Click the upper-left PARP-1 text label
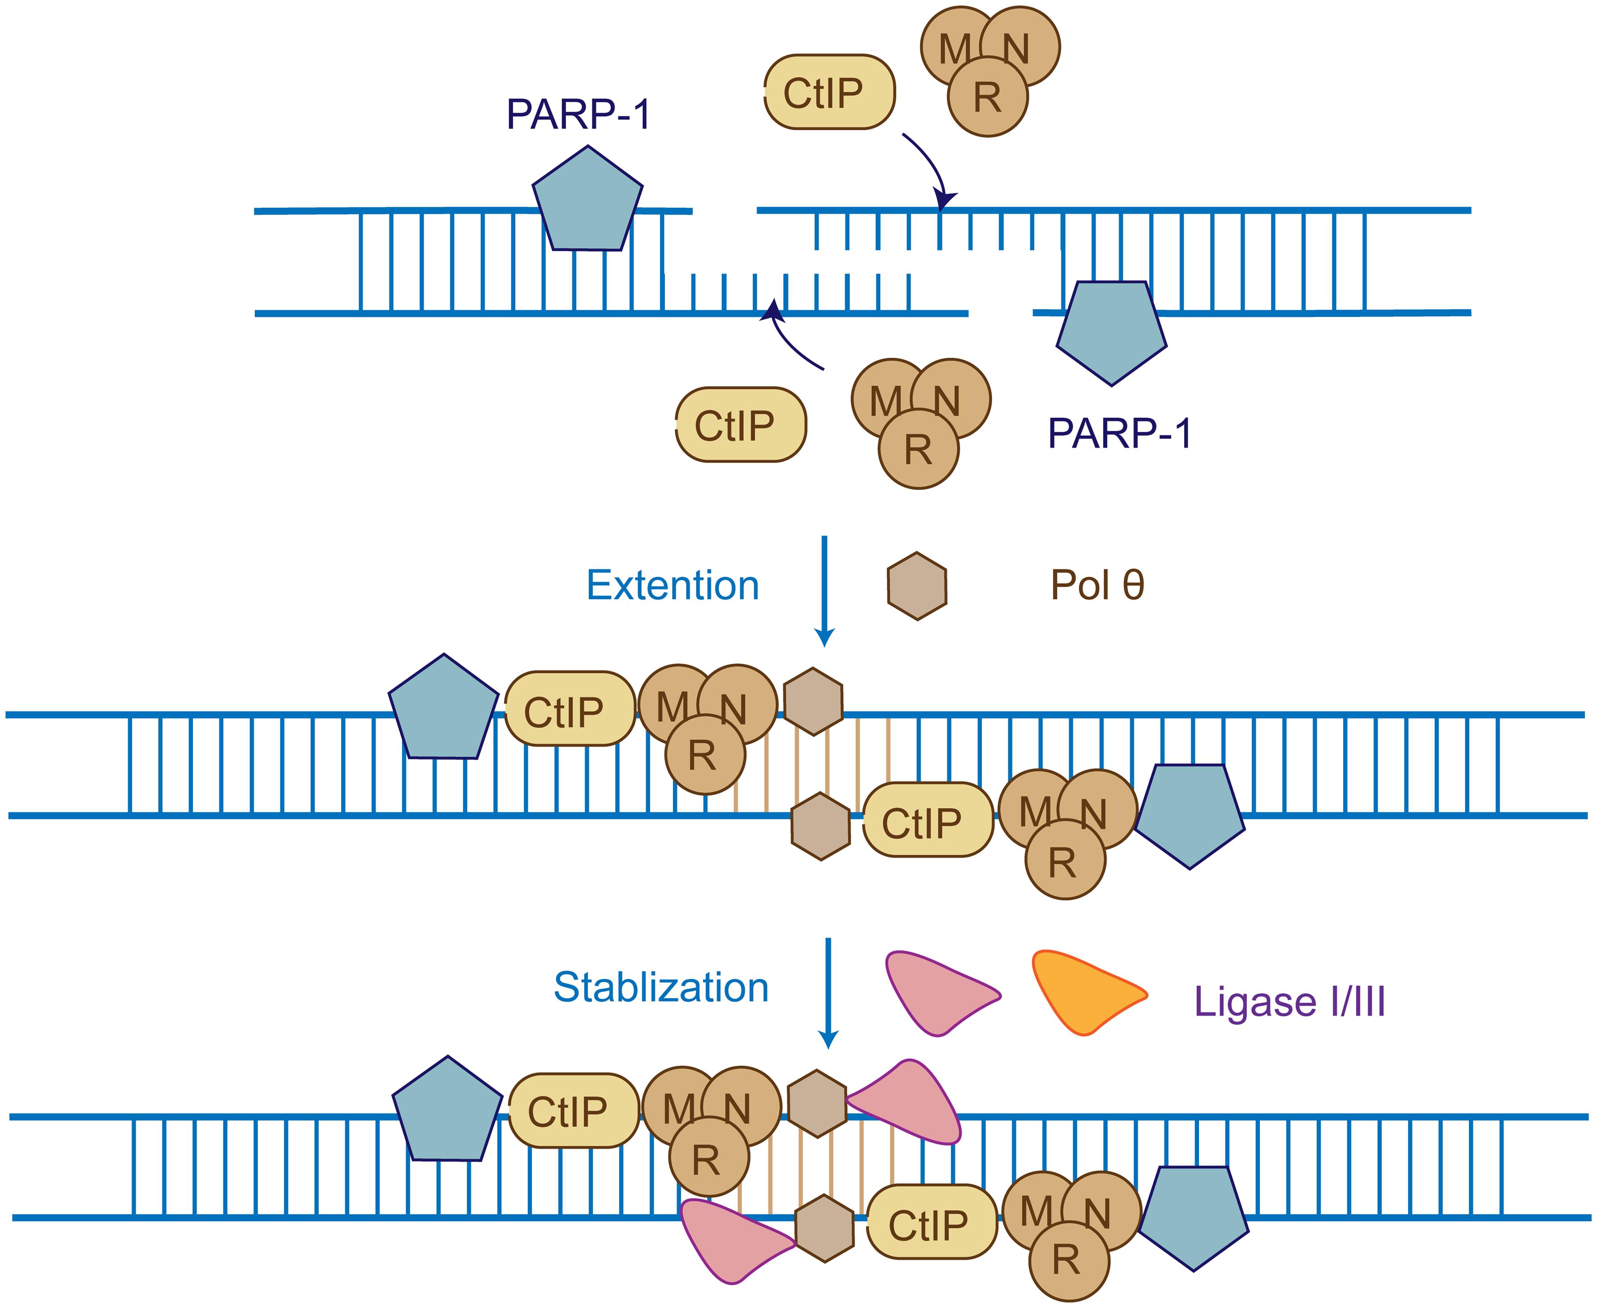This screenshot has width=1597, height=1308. coord(578,114)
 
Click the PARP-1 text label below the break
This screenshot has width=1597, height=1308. coord(1119,433)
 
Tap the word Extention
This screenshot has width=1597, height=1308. coord(672,585)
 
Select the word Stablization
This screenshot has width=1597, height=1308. coord(661,987)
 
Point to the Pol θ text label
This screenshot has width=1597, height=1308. coord(1097,585)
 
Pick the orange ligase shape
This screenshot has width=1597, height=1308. coord(1081,991)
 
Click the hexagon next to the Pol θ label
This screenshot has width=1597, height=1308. coord(916,586)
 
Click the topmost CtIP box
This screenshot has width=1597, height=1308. coord(829,92)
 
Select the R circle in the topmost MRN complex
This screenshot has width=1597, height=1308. coord(987,98)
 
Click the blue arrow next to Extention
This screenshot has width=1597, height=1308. coord(825,592)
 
